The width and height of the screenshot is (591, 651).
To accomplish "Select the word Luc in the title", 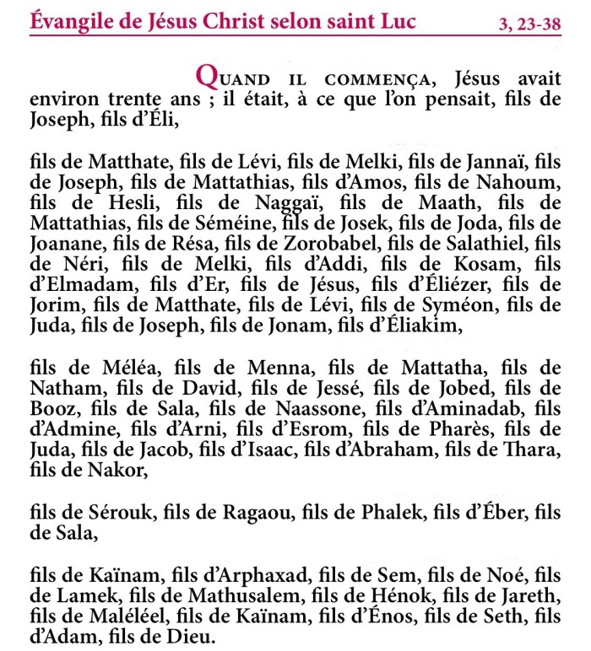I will pyautogui.click(x=395, y=21).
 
